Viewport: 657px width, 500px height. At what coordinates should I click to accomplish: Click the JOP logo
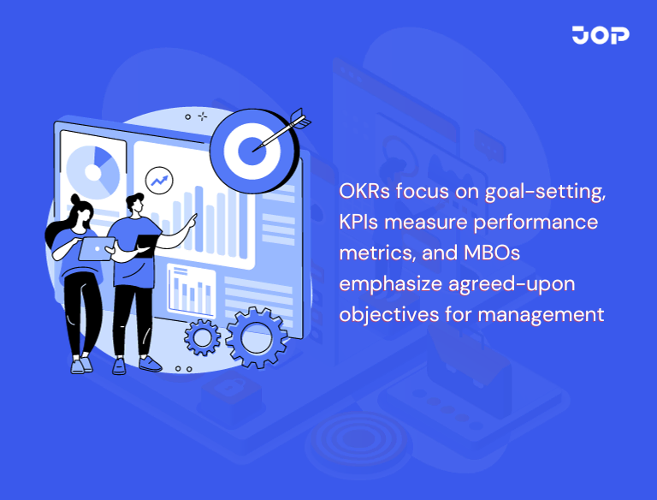(600, 35)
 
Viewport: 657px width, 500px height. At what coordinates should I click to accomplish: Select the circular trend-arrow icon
(158, 180)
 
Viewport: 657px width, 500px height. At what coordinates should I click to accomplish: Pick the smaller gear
(203, 336)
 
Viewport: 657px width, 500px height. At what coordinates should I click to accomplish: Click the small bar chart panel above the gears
(190, 289)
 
